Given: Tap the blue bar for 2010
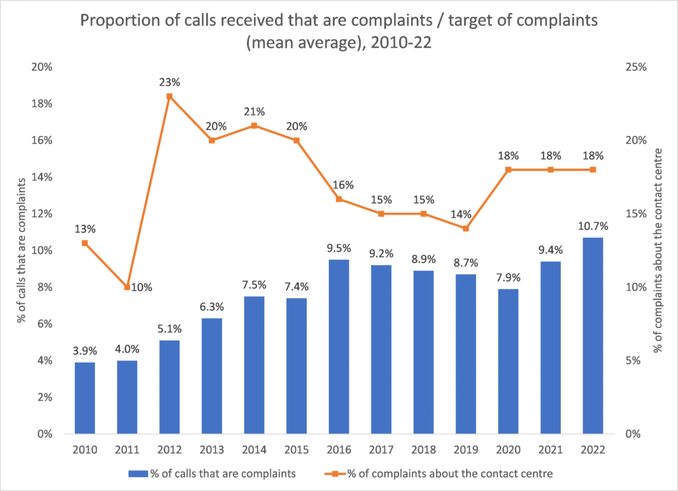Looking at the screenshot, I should pyautogui.click(x=85, y=398).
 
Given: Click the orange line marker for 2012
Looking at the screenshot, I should pyautogui.click(x=169, y=96).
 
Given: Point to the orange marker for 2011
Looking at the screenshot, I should pyautogui.click(x=127, y=287).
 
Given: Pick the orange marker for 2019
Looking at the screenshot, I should pyautogui.click(x=465, y=229).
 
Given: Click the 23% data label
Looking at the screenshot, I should pyautogui.click(x=169, y=82).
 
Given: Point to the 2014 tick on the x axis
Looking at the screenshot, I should pyautogui.click(x=254, y=449).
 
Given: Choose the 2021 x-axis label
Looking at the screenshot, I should pyautogui.click(x=550, y=449).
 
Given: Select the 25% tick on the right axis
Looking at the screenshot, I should pyautogui.click(x=636, y=67).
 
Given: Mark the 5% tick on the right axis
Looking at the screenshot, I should pyautogui.click(x=634, y=360).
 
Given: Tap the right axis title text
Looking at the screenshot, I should pyautogui.click(x=659, y=250).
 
